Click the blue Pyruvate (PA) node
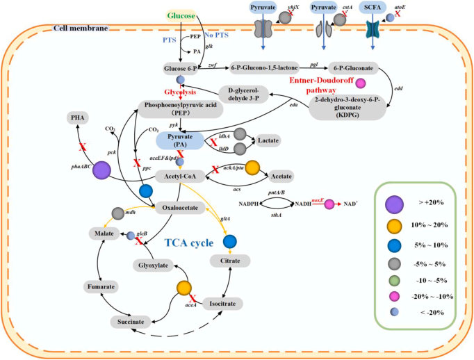[x=179, y=140]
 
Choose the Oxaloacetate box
[x=178, y=206]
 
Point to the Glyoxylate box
[x=152, y=265]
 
